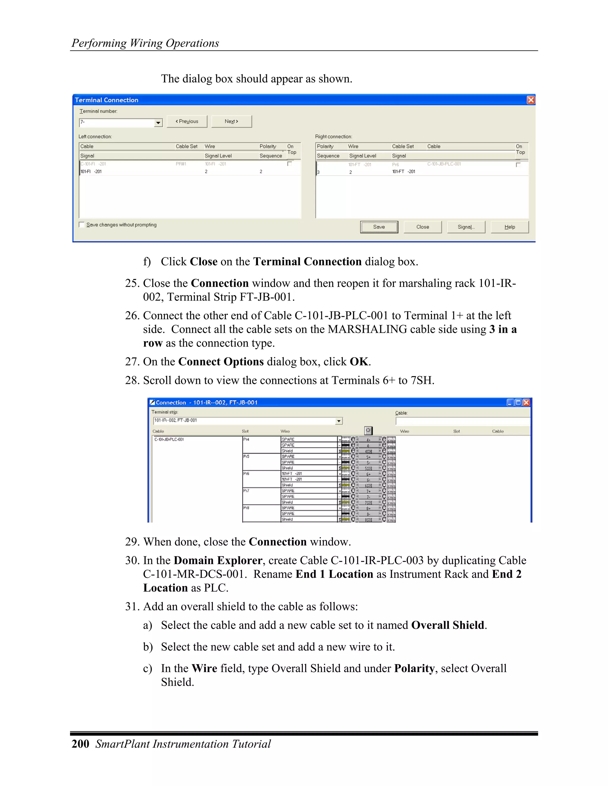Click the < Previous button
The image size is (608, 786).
click(x=187, y=122)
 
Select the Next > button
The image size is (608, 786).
click(x=231, y=122)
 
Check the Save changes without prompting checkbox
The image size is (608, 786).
click(x=82, y=225)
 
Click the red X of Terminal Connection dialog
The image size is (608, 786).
click(x=531, y=100)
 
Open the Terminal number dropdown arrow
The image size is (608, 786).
click(x=158, y=123)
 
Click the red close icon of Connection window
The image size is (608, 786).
click(x=526, y=402)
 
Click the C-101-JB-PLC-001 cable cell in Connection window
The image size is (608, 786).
click(x=169, y=440)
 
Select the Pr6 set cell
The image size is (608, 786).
click(x=246, y=474)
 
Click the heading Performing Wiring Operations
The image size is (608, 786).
click(x=145, y=43)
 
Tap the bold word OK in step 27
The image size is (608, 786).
click(x=359, y=362)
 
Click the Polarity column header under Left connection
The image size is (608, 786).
click(x=267, y=147)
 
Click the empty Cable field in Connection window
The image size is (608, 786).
click(x=463, y=421)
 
